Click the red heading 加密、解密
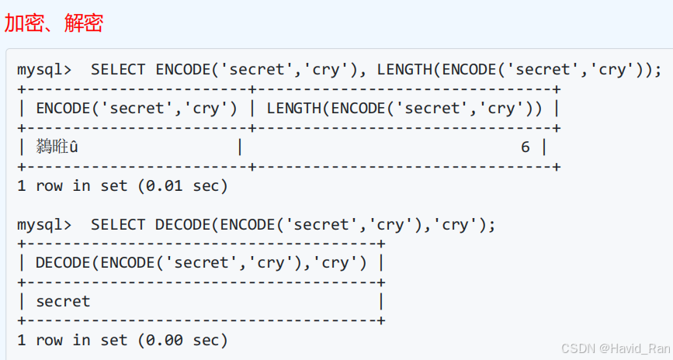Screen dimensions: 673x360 (54, 23)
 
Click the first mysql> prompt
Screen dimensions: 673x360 (44, 70)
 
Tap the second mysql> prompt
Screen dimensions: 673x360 (44, 225)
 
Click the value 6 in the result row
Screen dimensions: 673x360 (526, 147)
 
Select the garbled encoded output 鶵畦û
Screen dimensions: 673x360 (57, 147)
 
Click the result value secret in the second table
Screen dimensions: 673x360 (63, 301)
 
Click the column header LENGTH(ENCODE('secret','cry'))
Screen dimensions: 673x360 (404, 109)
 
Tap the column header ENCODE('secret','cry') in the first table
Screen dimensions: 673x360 (137, 109)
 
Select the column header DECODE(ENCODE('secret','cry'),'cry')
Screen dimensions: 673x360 (201, 263)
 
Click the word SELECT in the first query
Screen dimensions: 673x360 (118, 70)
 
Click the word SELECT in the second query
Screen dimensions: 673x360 (118, 225)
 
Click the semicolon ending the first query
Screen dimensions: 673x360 (658, 70)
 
